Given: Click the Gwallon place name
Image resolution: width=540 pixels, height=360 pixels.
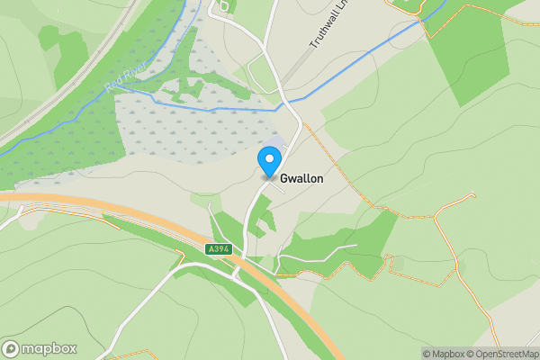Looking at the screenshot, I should (x=301, y=179).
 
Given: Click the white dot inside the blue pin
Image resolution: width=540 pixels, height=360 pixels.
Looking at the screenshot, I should (x=268, y=158).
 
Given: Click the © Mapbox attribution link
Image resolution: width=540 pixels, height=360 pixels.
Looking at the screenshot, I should (x=444, y=354).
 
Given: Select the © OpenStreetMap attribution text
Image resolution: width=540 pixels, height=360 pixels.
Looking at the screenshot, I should (x=502, y=354).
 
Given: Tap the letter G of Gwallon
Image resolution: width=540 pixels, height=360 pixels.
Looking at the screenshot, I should (x=284, y=179).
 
